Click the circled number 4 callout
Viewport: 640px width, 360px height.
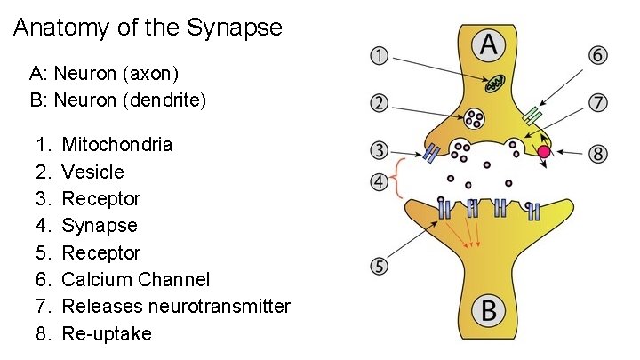[378, 184]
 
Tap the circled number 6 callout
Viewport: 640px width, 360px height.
[599, 56]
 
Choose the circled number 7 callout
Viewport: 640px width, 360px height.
[599, 103]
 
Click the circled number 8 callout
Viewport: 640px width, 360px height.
[599, 154]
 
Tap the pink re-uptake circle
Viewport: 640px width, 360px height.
[543, 153]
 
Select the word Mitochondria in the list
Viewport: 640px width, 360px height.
[117, 144]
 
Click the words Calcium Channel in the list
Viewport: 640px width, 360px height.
[136, 279]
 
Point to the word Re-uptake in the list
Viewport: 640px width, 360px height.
[107, 333]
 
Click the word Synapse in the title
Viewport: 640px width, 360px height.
[235, 28]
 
